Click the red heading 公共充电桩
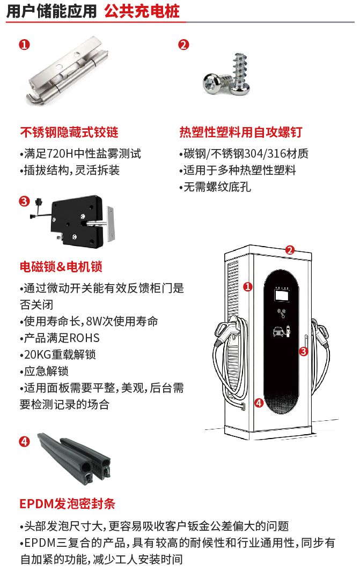point(142,11)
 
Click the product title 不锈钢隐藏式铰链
point(69,132)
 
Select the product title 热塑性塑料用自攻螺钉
point(241,132)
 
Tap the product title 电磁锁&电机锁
point(61,266)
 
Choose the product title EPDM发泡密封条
point(68,504)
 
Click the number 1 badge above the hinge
point(24,44)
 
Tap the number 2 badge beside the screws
point(184,44)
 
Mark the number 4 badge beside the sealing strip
point(24,441)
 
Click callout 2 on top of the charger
point(290,249)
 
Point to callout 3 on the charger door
point(303,352)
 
